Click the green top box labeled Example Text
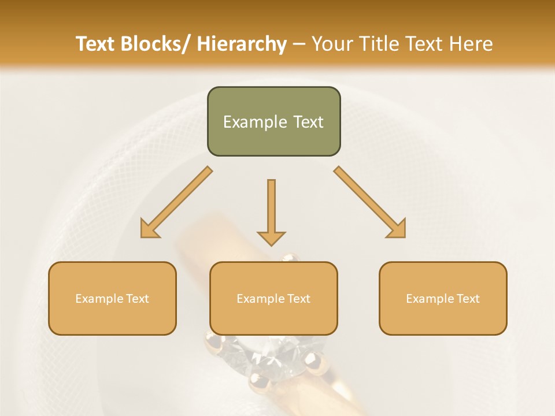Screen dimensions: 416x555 (273, 121)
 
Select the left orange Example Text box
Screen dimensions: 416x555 (112, 298)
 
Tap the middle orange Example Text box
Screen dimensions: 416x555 (273, 298)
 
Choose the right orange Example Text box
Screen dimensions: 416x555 (443, 298)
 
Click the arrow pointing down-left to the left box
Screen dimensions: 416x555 (176, 202)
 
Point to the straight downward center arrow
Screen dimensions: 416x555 (271, 208)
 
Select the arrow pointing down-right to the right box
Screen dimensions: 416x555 (370, 202)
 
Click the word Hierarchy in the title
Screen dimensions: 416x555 (242, 44)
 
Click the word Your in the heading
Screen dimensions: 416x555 (332, 44)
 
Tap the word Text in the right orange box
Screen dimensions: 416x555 (467, 298)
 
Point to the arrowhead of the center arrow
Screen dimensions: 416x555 (271, 237)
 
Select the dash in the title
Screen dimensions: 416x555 (299, 44)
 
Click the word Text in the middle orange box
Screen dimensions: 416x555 (298, 298)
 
